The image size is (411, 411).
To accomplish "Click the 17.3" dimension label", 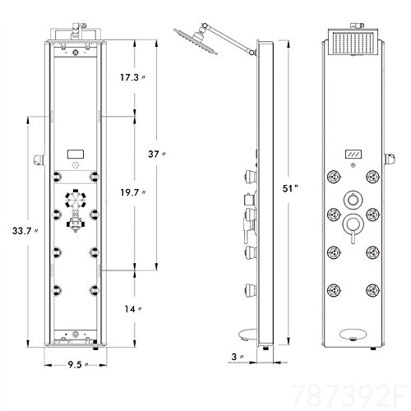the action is click(132, 77).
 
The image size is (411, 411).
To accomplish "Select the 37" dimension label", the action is click(156, 154).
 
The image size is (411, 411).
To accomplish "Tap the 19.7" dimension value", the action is click(133, 192).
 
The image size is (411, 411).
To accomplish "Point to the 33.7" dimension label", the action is click(25, 231).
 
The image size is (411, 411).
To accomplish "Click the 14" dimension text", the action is click(133, 309).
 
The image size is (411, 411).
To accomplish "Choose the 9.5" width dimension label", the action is click(78, 365).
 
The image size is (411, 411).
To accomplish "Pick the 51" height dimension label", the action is click(290, 188).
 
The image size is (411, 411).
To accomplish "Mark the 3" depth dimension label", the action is click(238, 357).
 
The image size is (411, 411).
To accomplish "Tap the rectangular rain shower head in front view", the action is click(353, 43).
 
